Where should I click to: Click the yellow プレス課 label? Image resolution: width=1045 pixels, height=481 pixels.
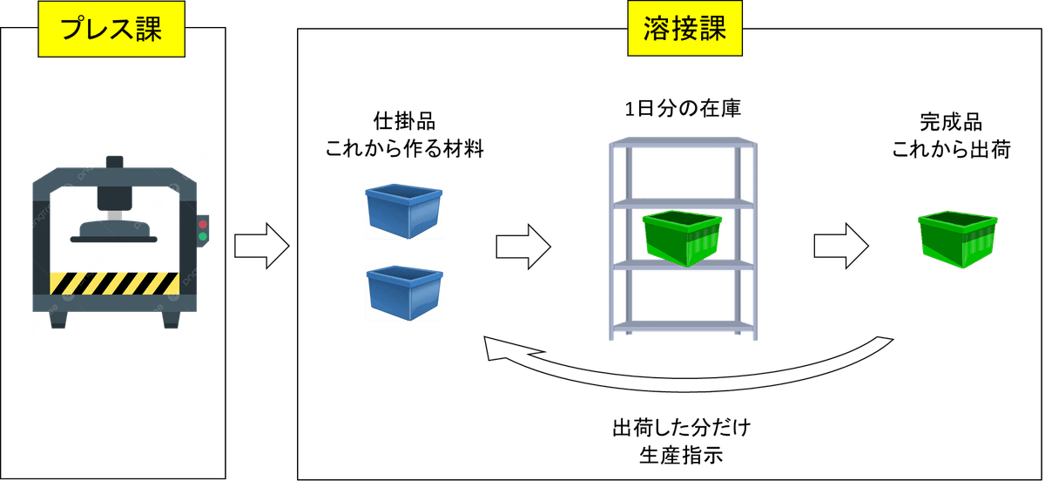[111, 29]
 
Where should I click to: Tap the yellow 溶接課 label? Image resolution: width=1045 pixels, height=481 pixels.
[685, 29]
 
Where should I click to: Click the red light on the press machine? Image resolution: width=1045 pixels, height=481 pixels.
[203, 222]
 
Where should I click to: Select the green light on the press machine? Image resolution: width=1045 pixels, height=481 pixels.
[203, 235]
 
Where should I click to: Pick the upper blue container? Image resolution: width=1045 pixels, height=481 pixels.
[403, 210]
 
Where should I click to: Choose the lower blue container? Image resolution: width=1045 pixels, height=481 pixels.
[403, 292]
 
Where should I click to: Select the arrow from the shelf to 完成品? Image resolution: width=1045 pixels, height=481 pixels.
[841, 247]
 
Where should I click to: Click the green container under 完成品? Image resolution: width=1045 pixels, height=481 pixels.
[954, 238]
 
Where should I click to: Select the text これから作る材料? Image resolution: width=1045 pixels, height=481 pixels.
[403, 149]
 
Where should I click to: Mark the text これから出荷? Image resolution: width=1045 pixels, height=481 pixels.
[951, 149]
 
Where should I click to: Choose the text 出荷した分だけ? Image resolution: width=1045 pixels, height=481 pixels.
[681, 429]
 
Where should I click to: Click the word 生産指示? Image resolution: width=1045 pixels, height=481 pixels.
[681, 455]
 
